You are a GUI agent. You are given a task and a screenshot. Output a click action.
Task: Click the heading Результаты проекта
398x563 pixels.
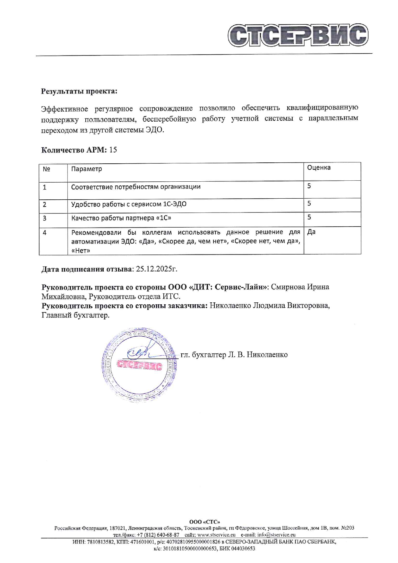click(x=79, y=91)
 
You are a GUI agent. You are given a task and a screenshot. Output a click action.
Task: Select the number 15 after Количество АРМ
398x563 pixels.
click(x=113, y=150)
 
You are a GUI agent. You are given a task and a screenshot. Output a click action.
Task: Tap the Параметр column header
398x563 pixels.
click(x=86, y=169)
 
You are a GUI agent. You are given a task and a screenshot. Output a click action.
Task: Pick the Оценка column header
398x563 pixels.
click(x=319, y=168)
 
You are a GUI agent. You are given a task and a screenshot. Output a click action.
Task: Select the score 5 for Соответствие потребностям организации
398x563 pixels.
click(x=309, y=186)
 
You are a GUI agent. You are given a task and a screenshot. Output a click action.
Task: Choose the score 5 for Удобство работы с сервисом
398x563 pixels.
click(x=309, y=203)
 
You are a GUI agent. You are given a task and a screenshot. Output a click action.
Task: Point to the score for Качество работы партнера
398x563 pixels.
click(x=309, y=217)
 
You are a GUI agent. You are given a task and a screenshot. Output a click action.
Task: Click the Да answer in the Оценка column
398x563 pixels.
click(x=311, y=232)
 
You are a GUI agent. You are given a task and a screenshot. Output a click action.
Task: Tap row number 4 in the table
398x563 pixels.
click(x=45, y=232)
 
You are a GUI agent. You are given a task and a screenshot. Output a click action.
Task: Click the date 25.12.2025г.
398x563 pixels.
click(x=157, y=269)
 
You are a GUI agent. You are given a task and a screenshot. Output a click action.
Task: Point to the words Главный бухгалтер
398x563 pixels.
click(x=75, y=315)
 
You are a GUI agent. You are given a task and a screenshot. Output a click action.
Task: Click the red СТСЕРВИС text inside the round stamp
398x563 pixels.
click(x=139, y=365)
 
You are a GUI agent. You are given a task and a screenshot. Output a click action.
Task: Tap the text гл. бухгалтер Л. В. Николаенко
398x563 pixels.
click(x=234, y=355)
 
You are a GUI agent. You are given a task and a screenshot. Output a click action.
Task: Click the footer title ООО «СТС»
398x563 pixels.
click(x=204, y=522)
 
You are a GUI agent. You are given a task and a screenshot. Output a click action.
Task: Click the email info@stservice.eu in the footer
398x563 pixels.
click(x=276, y=535)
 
